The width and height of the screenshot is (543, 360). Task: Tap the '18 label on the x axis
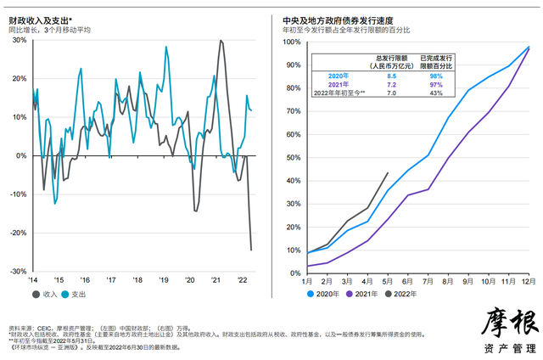[x=137, y=279]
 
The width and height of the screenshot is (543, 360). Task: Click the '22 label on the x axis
[x=242, y=279]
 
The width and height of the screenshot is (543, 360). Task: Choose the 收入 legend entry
[x=45, y=295]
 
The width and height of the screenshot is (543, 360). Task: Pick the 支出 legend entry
[x=78, y=295]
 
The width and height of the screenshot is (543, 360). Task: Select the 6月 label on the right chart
[x=410, y=279]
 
